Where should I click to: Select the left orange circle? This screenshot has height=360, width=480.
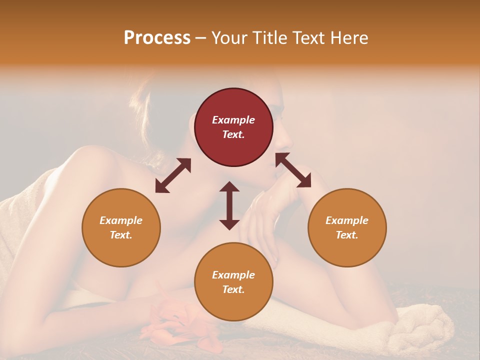(x=121, y=227)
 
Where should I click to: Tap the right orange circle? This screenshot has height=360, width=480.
(x=347, y=227)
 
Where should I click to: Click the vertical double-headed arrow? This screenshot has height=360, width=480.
(x=229, y=205)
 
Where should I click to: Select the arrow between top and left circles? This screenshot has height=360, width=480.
(x=173, y=175)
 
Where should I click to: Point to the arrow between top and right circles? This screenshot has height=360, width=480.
(x=293, y=170)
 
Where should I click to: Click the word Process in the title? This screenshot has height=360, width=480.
(x=157, y=38)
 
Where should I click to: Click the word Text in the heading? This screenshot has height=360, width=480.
(x=307, y=38)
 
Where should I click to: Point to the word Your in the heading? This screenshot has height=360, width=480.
(x=230, y=38)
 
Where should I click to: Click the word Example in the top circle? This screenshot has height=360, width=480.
(x=233, y=120)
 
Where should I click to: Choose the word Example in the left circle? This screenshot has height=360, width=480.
(x=121, y=220)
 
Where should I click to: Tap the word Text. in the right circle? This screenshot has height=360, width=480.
(x=347, y=235)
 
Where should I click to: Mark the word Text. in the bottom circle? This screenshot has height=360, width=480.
(x=233, y=289)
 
